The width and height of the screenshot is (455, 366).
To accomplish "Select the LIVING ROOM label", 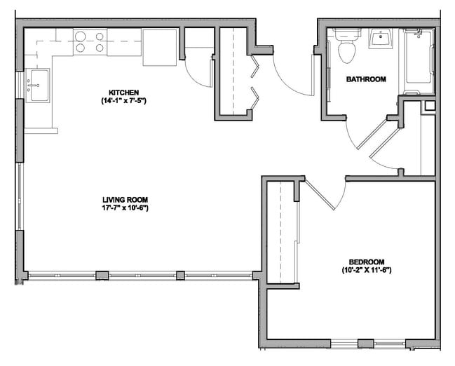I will (125, 198).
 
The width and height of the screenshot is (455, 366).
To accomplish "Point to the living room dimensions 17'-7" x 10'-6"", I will (125, 208).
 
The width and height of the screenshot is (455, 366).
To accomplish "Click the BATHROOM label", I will (366, 79).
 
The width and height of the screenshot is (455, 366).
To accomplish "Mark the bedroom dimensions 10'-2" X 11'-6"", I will (365, 269).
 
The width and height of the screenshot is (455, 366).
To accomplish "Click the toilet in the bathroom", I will (346, 46).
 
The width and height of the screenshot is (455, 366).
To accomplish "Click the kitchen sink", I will (37, 85).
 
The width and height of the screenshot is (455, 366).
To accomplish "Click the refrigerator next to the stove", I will (161, 47).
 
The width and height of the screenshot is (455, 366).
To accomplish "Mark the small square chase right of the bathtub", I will (430, 106).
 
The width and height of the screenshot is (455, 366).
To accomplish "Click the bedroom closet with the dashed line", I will (283, 231).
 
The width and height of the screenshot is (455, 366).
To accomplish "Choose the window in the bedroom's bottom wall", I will (365, 343).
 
